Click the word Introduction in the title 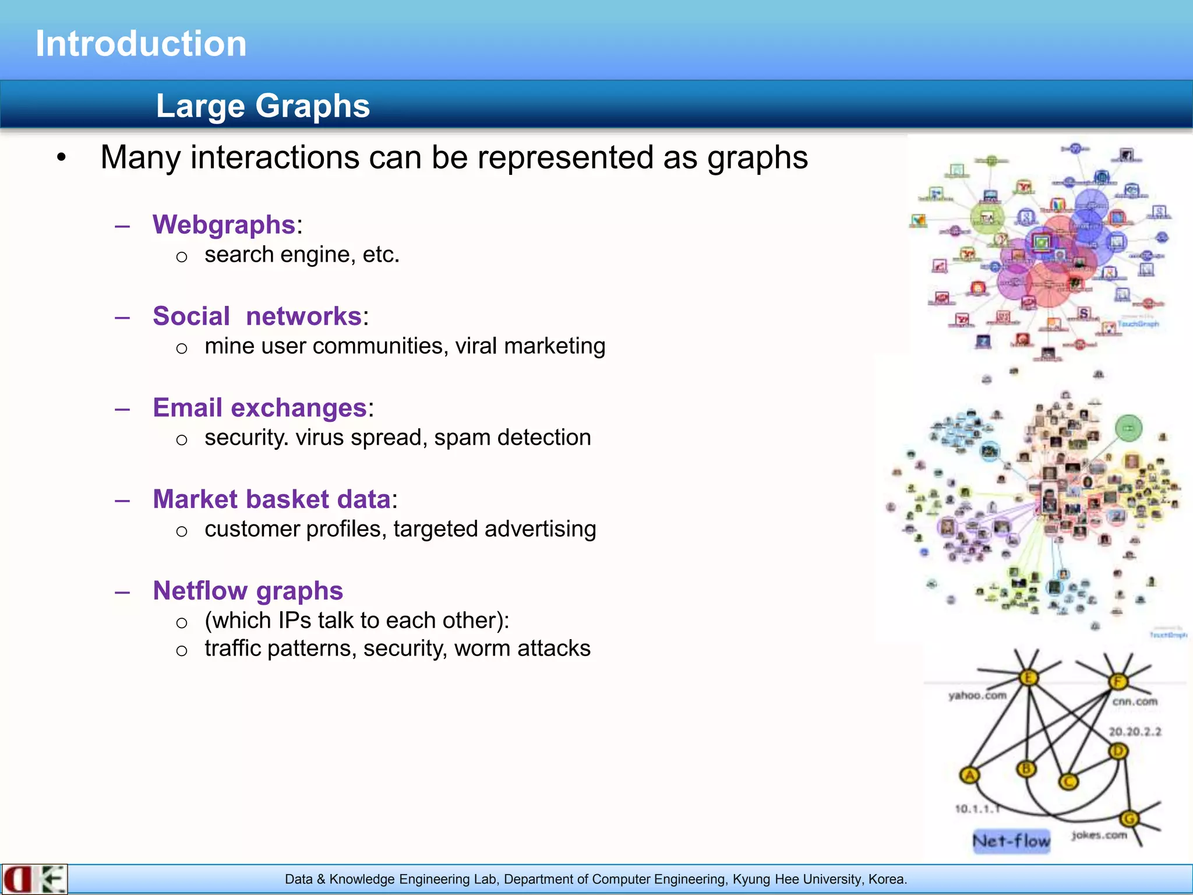[141, 44]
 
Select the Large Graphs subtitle [263, 106]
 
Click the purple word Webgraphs [224, 224]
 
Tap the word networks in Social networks [303, 316]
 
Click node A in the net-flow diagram [969, 776]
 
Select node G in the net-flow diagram [1130, 819]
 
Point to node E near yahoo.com [1028, 678]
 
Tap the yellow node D [1118, 752]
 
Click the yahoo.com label [977, 695]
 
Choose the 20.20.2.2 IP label [1134, 732]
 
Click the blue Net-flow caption [1011, 841]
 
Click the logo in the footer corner [34, 879]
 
